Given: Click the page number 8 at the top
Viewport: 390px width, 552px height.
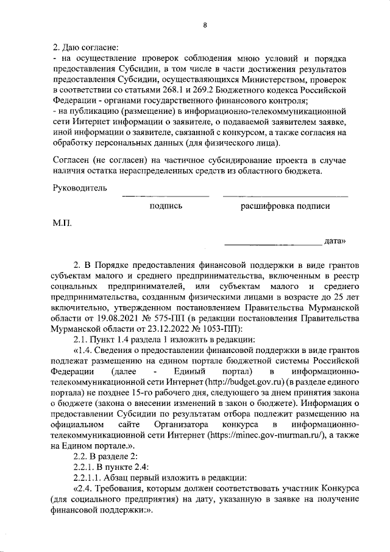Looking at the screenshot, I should [205, 24].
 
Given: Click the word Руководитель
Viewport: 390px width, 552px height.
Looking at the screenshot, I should [80, 188].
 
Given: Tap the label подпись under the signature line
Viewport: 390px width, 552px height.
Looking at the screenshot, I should [166, 206].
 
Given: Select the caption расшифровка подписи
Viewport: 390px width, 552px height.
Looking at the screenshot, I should [285, 206].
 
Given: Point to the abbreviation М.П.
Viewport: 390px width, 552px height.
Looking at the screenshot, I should [62, 224].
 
